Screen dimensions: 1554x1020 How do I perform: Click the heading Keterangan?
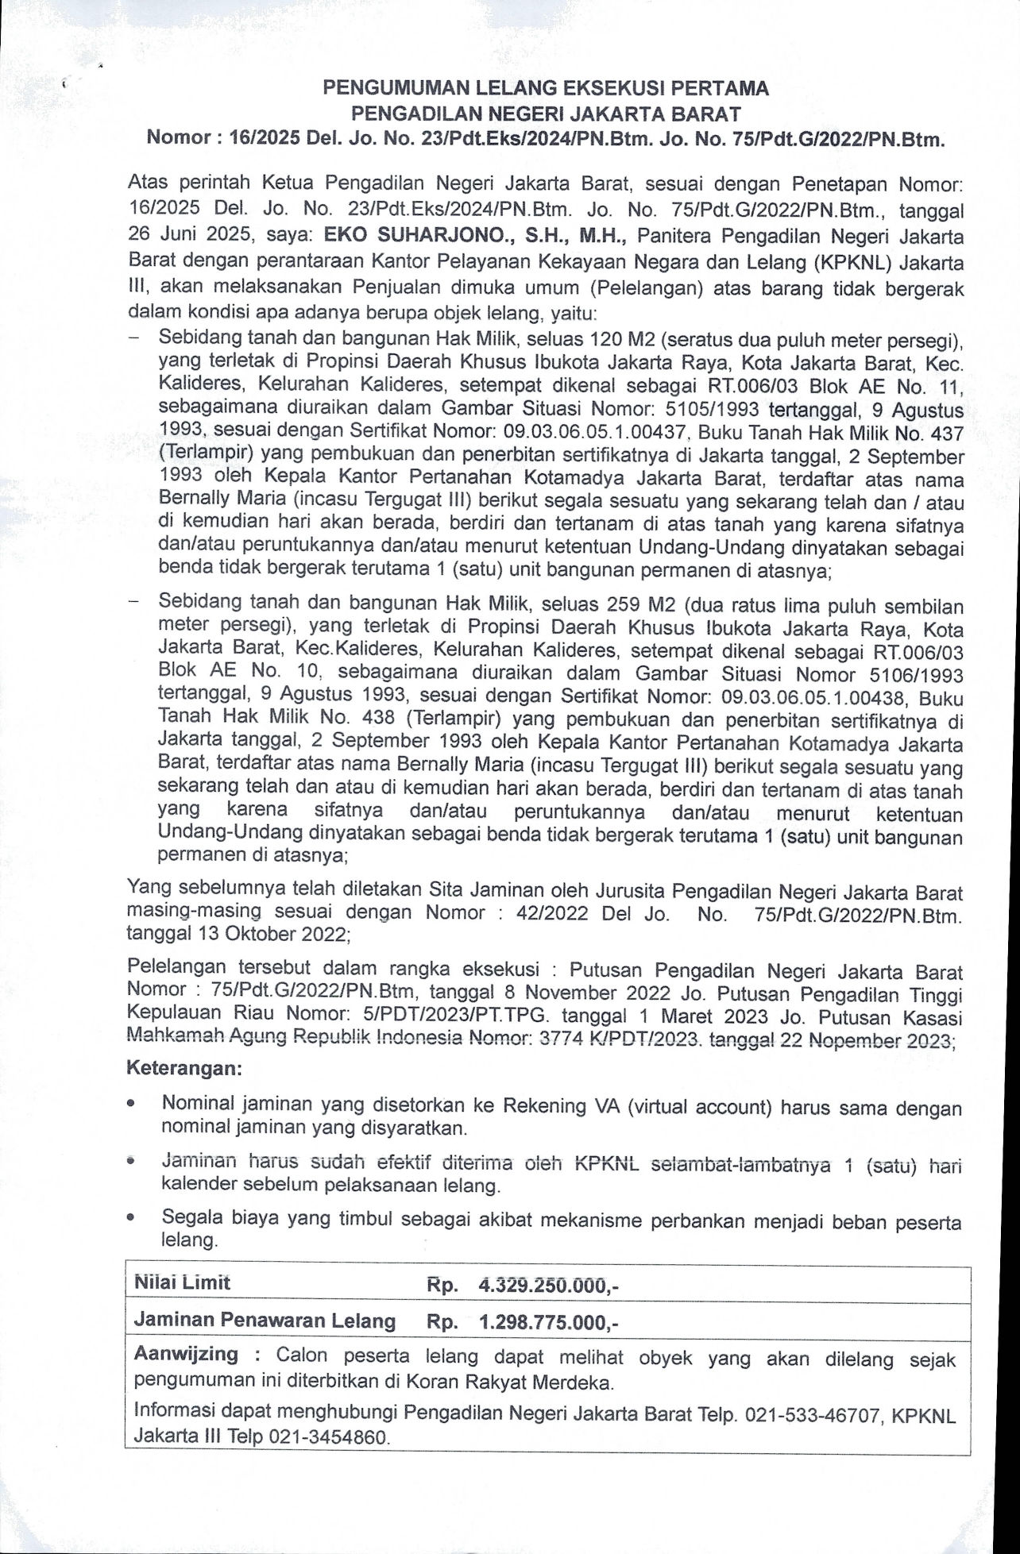point(184,1068)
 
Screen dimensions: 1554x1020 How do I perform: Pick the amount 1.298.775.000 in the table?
point(543,1321)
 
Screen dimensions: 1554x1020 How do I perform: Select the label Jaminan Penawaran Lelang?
point(265,1321)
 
